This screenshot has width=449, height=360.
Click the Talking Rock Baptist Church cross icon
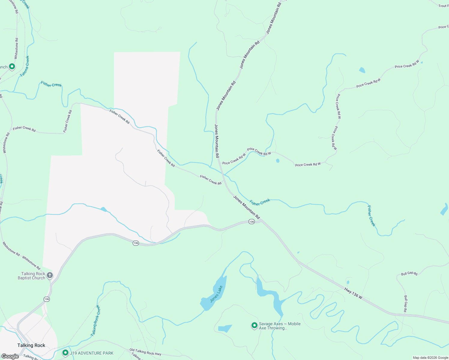point(50,275)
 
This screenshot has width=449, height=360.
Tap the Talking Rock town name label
point(31,345)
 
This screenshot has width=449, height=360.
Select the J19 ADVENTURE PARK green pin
point(65,353)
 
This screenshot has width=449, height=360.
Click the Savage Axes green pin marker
point(254,325)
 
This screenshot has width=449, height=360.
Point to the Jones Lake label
point(216,294)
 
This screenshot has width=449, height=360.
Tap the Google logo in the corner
point(10,356)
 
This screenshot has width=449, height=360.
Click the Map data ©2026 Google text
point(430,358)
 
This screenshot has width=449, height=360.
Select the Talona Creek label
point(25,66)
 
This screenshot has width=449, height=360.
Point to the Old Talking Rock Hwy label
point(145,352)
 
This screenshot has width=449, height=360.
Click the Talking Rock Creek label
point(96,321)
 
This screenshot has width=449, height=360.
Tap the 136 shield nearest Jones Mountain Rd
point(252,222)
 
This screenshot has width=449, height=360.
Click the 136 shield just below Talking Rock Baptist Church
point(47,299)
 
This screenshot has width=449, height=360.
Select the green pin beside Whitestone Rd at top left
point(12,66)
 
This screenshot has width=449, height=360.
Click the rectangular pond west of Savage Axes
point(225,328)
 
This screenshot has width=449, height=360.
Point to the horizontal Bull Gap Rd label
point(409,274)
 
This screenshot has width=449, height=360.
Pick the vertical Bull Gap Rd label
point(405,304)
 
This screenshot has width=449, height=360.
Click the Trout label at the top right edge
point(443,6)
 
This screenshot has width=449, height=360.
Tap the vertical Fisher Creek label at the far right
point(371,216)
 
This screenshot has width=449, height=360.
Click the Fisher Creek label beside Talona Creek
point(51,85)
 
